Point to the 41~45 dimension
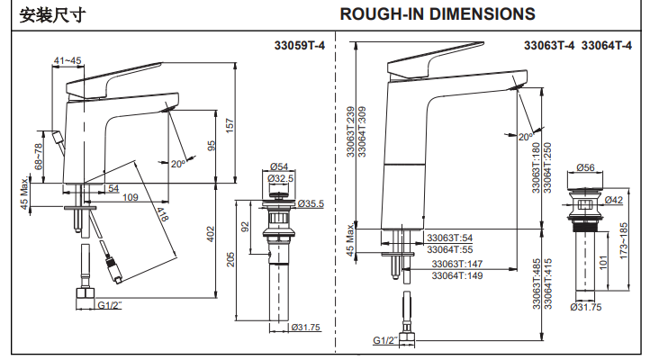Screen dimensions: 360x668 [x=68, y=60]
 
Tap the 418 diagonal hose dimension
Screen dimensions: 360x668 [x=162, y=215]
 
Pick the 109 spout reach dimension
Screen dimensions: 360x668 [x=130, y=197]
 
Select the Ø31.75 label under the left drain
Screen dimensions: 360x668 [x=305, y=327]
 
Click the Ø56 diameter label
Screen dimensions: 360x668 [x=585, y=167]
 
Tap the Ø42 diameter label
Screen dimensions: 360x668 [x=615, y=200]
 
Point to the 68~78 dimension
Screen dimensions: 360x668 [x=39, y=156]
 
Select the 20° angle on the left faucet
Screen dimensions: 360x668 [x=177, y=163]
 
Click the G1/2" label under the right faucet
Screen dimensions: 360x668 [x=385, y=340]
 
